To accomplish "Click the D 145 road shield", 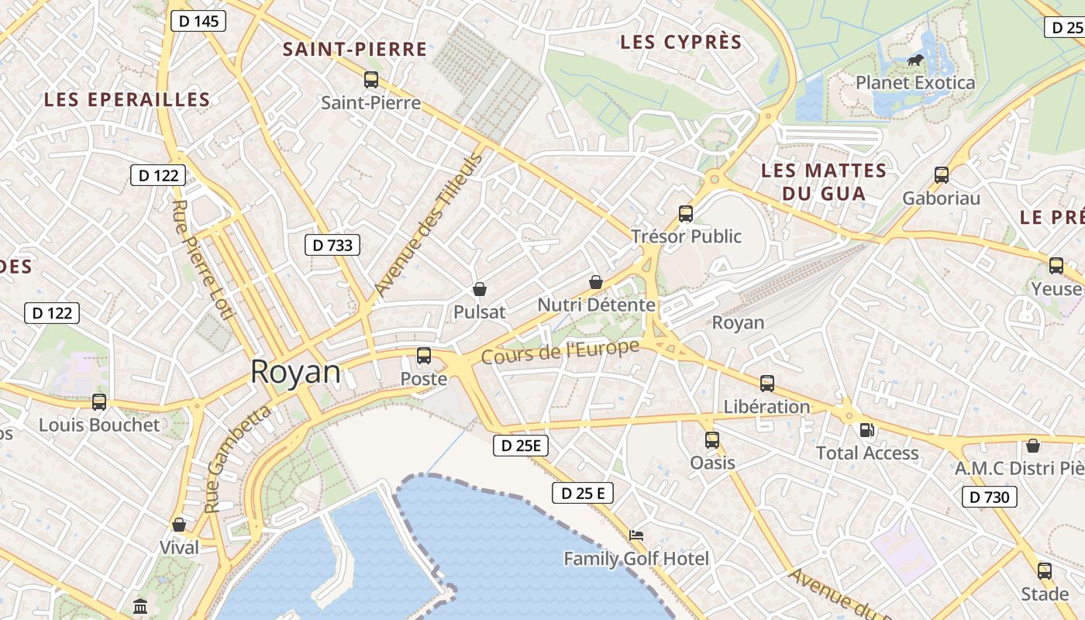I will (x=198, y=21).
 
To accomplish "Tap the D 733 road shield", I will (x=332, y=246).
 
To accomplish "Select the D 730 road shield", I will (x=989, y=497).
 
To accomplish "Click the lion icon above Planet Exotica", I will (x=915, y=60).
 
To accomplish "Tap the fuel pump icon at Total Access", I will (x=867, y=429).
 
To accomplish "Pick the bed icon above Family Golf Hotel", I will (x=636, y=535).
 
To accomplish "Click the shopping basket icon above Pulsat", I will (x=480, y=289).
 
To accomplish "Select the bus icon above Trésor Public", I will (x=686, y=213).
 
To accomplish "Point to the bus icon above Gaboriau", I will (x=942, y=174).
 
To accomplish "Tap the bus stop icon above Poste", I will (x=424, y=356).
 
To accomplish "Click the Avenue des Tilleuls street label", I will (x=428, y=225).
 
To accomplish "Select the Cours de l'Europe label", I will (x=560, y=351).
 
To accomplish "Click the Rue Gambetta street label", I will (x=237, y=458).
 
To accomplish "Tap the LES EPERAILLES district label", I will (x=127, y=99).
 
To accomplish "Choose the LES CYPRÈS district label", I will (x=681, y=42).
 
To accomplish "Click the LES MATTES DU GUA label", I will (x=823, y=181).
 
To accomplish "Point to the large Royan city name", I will (x=295, y=372).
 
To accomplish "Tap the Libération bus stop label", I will (x=766, y=406).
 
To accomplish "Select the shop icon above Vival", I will (x=179, y=525).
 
